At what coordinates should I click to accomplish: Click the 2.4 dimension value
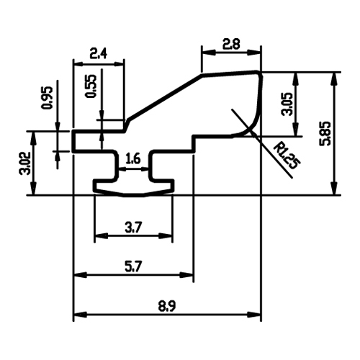[98, 53]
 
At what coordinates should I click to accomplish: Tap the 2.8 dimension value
[231, 45]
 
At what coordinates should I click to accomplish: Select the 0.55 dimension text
[91, 86]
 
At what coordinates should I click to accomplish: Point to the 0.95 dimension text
[47, 98]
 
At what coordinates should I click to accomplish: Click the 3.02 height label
[25, 163]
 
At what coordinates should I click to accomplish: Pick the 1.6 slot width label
[132, 159]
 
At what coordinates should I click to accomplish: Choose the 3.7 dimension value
[133, 228]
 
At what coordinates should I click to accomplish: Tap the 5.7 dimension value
[133, 266]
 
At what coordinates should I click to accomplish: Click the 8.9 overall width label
[167, 306]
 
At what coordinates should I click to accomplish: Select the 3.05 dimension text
[287, 104]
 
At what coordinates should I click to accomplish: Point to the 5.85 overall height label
[325, 133]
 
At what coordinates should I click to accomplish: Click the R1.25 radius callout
[287, 156]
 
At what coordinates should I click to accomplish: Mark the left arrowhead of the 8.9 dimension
[80, 315]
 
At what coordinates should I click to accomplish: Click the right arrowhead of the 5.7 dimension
[186, 275]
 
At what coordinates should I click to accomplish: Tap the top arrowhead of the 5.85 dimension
[334, 78]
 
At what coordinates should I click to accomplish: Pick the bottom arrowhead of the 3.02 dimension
[33, 189]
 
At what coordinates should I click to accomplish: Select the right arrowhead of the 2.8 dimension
[254, 53]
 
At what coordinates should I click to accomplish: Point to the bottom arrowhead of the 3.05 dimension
[296, 130]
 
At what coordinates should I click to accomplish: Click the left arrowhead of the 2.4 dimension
[80, 64]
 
